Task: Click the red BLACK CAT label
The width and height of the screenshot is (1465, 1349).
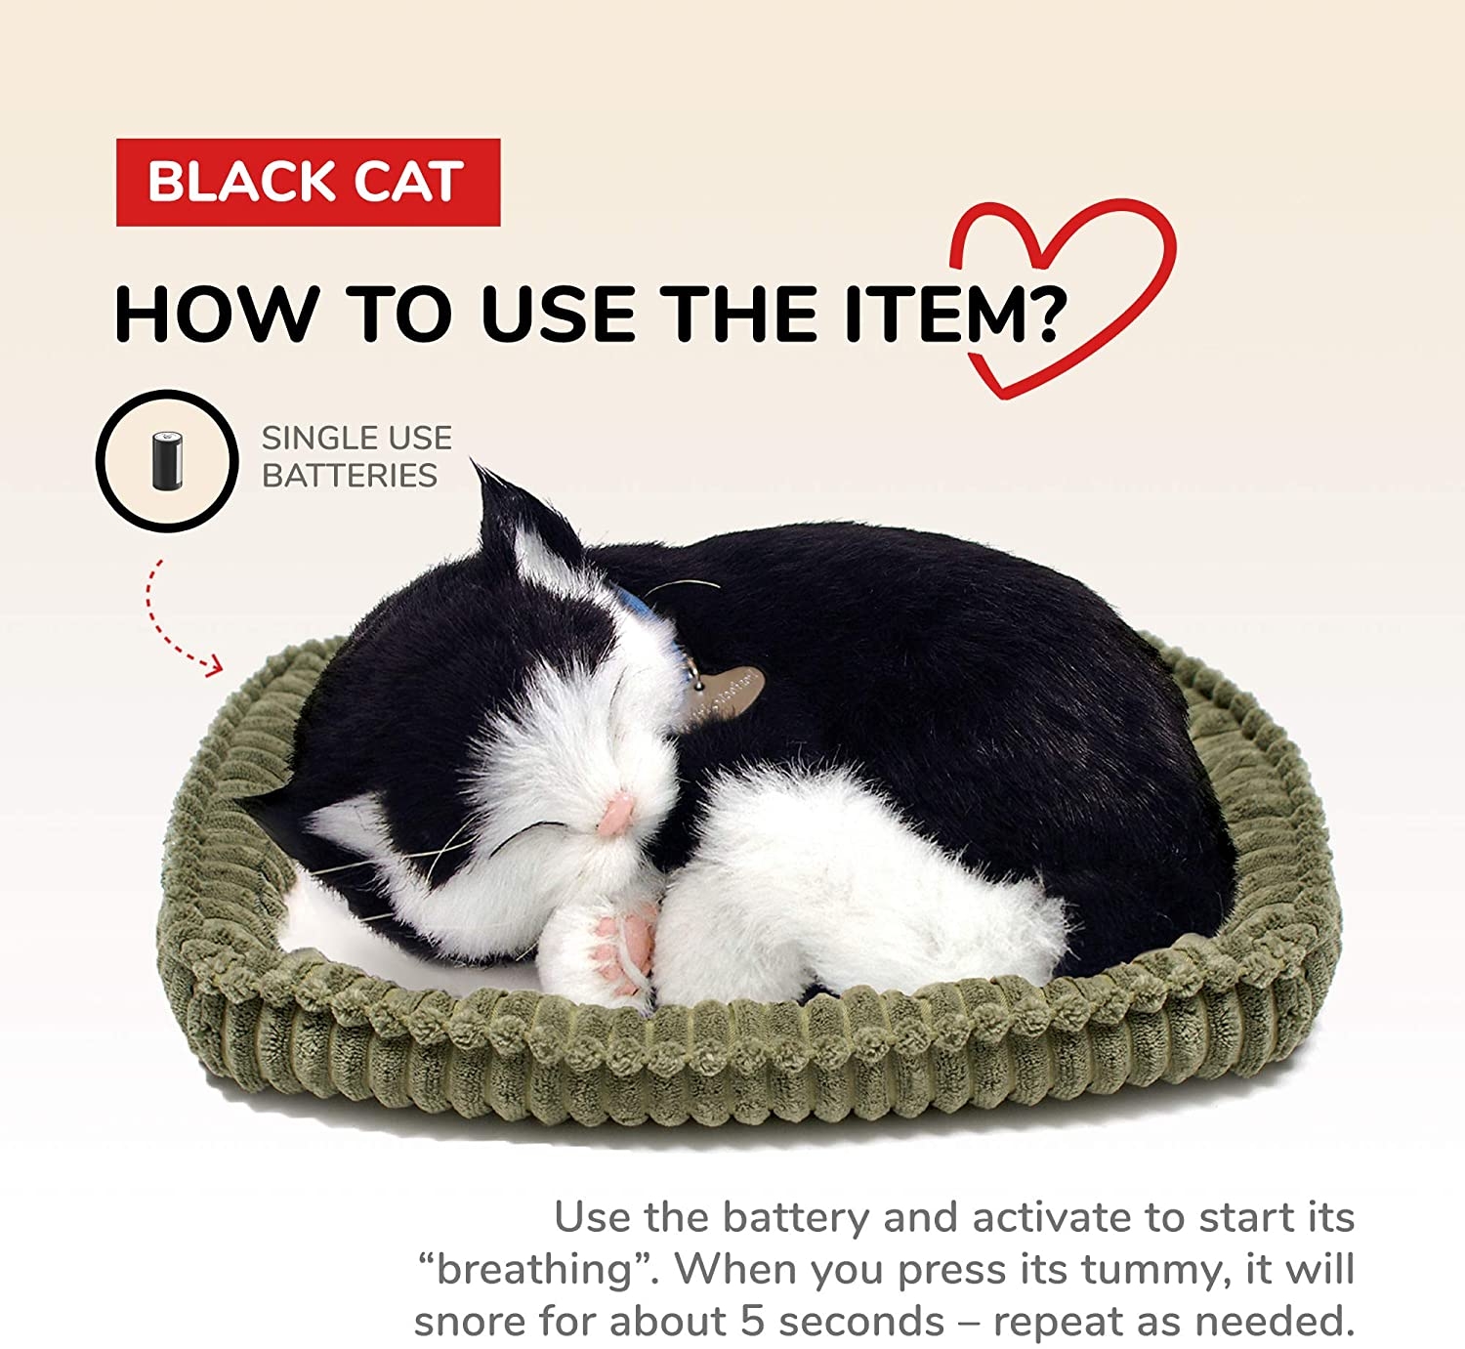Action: [309, 182]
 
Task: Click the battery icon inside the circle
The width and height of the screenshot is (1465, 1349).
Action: [167, 460]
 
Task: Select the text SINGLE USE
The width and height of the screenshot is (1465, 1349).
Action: [357, 439]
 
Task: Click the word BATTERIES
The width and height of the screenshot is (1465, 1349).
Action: [350, 476]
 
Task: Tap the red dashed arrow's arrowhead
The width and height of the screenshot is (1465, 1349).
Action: [214, 666]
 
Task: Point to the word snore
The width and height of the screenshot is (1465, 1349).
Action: [471, 1322]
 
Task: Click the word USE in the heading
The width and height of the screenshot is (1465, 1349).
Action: [559, 315]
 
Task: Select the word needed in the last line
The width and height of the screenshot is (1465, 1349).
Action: [1275, 1322]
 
